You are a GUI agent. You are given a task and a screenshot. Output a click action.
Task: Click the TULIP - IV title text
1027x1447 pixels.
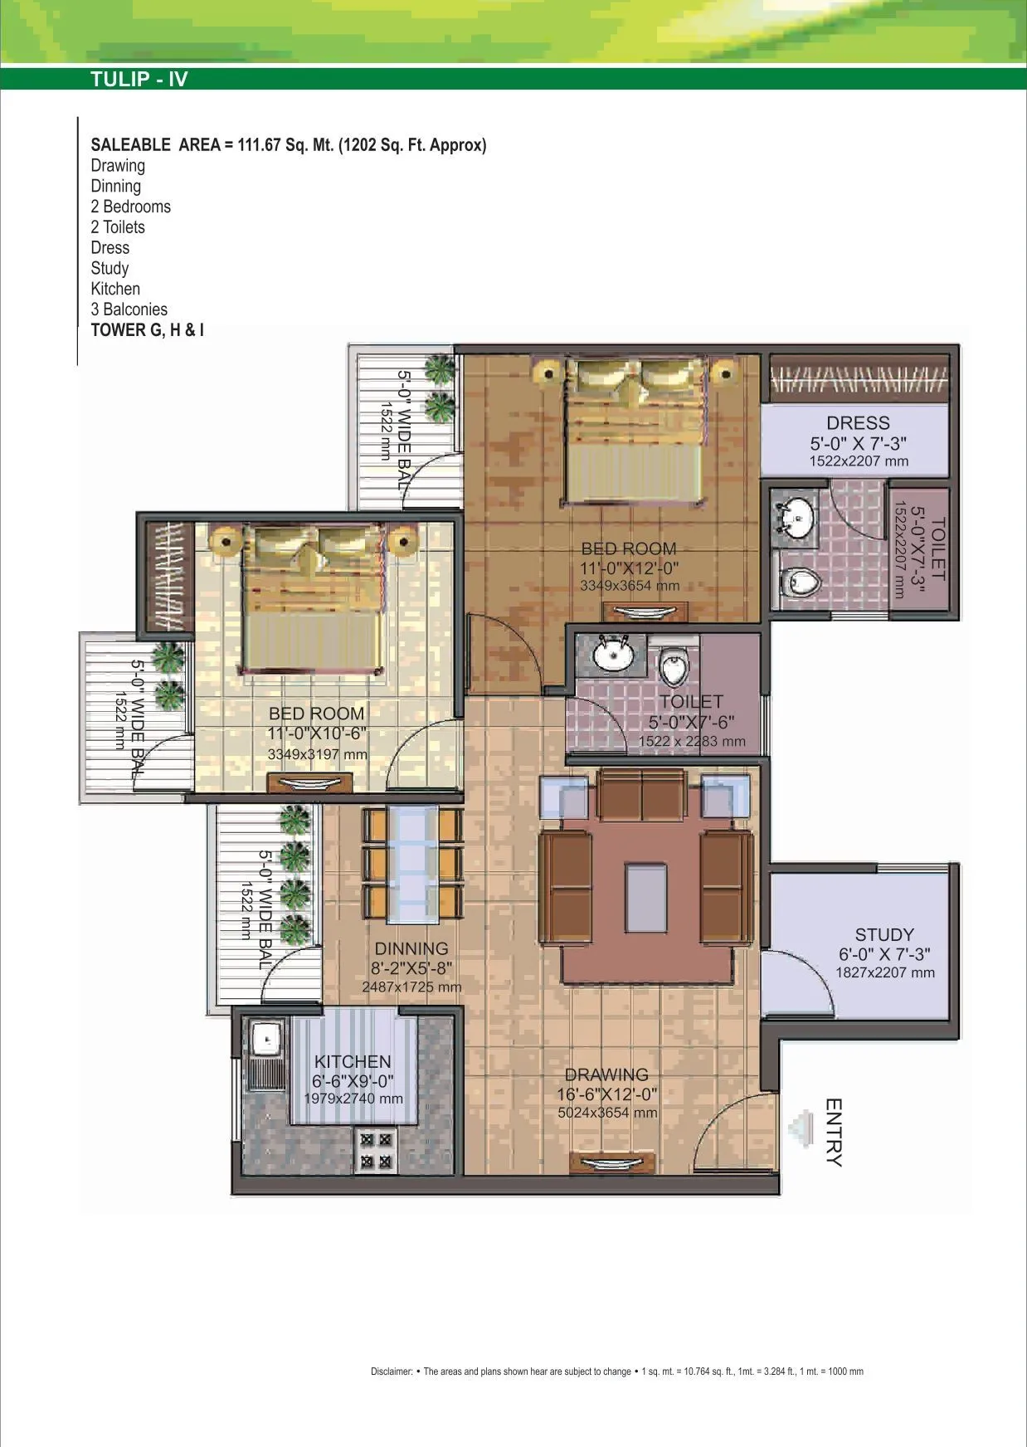(139, 80)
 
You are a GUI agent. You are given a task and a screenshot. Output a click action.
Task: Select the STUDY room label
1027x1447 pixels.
(884, 935)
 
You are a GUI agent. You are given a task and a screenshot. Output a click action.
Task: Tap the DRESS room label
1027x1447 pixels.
(858, 423)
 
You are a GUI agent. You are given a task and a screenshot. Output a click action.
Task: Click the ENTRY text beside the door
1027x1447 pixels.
(834, 1133)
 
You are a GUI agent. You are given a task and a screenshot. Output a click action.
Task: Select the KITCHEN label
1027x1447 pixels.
(353, 1062)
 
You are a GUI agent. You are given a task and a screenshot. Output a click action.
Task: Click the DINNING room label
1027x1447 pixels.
(411, 949)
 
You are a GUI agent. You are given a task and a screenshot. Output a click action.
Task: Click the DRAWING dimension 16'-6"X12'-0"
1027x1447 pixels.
(606, 1094)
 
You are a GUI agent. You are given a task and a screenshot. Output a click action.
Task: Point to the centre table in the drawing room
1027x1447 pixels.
(646, 897)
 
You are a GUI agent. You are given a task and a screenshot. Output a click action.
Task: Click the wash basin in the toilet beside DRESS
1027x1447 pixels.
(795, 519)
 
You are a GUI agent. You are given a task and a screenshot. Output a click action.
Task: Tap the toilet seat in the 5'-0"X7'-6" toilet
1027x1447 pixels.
(674, 666)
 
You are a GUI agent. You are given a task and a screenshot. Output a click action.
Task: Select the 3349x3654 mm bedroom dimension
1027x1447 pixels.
(630, 586)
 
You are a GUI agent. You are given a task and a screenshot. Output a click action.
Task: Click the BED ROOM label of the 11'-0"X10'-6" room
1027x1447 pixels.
(316, 714)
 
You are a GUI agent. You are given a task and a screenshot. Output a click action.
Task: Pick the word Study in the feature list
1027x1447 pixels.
(110, 268)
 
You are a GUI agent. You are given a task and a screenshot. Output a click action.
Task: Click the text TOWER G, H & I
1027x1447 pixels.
(147, 329)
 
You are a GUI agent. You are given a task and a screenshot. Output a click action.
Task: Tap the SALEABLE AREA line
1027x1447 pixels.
(288, 145)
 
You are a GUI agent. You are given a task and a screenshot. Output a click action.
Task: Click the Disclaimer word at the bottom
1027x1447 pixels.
(391, 1371)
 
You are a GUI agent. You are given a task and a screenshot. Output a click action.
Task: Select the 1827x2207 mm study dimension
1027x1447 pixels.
(884, 973)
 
